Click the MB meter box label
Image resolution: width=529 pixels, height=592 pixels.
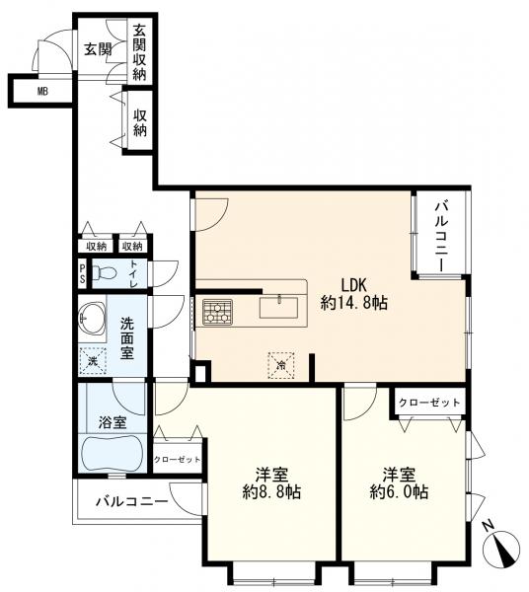[x=41, y=91]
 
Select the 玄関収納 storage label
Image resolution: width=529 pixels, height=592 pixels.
[x=140, y=54]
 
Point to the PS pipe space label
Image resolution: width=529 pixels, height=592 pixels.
[x=83, y=273]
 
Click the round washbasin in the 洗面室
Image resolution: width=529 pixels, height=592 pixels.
[x=97, y=318]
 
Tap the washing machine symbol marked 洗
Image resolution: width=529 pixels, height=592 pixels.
[x=94, y=362]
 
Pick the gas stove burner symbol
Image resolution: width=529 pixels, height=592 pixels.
[x=217, y=313]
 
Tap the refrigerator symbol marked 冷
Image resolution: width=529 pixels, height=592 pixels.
[x=281, y=363]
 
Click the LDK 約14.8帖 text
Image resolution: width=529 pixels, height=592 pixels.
[x=353, y=294]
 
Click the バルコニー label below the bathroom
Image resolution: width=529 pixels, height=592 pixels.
[x=131, y=501]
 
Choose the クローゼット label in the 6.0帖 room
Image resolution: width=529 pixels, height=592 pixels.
[x=428, y=404]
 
